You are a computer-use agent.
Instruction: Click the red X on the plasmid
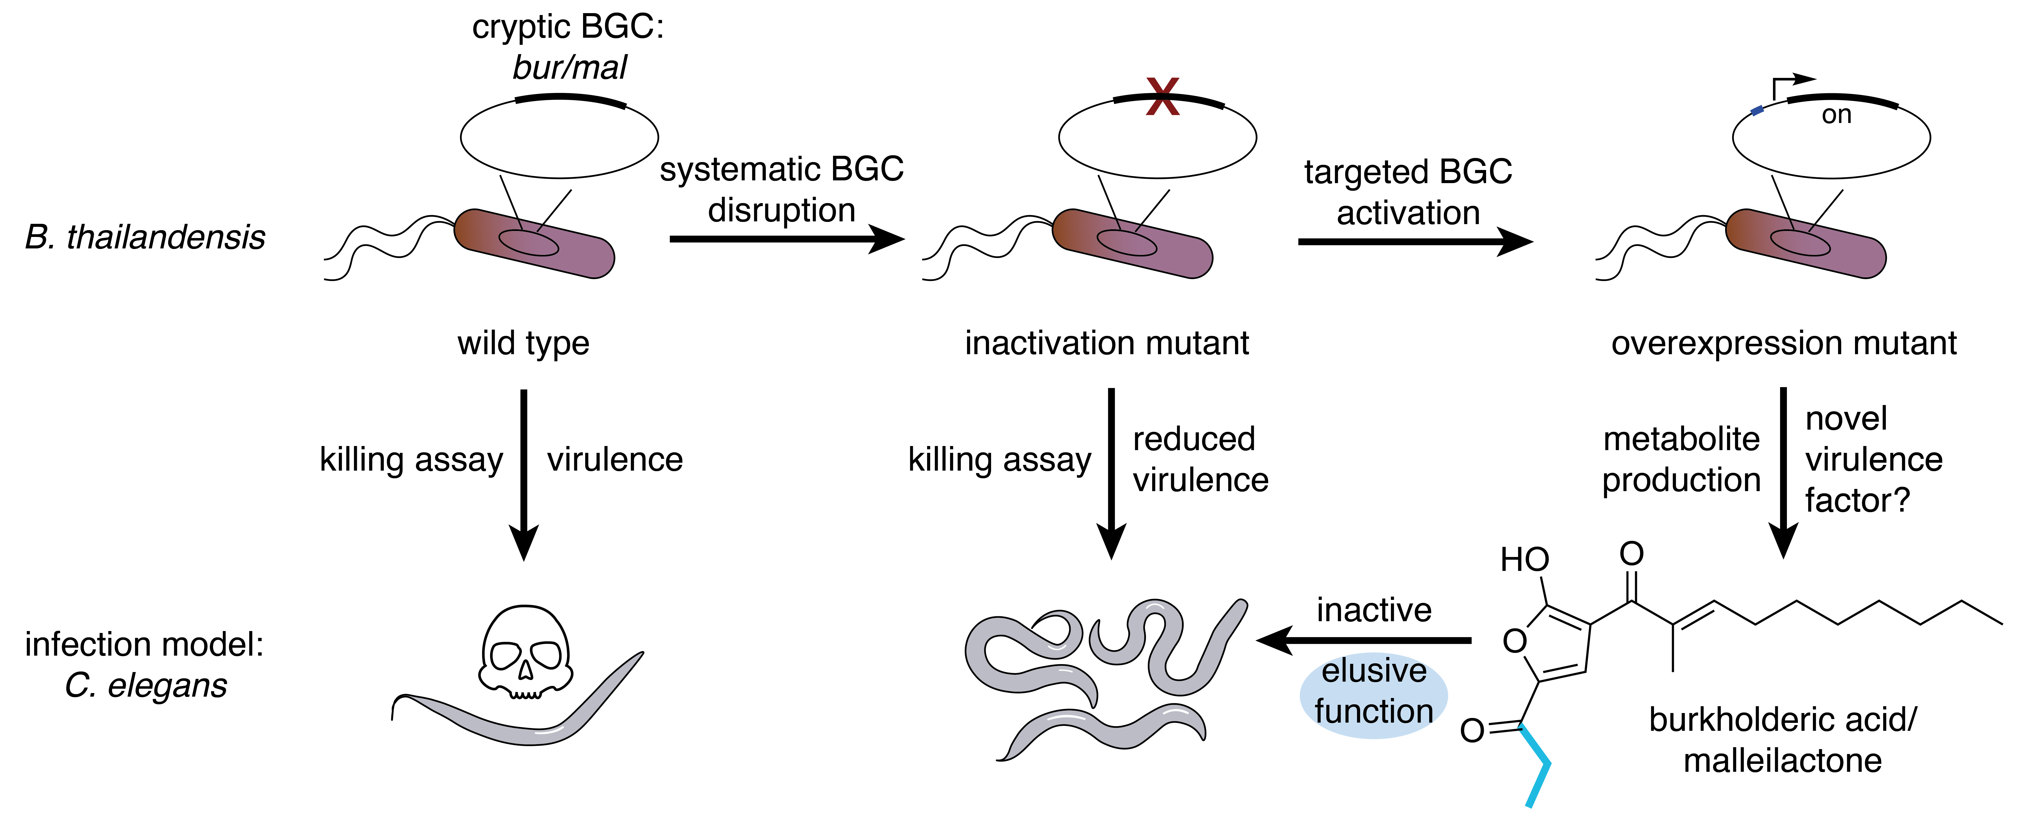[1163, 98]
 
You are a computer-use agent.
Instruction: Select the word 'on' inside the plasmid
[1836, 115]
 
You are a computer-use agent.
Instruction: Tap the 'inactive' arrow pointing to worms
[1363, 641]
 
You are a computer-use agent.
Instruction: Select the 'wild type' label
[523, 343]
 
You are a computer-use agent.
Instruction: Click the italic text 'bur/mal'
[570, 68]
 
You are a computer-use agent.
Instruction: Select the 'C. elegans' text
[146, 686]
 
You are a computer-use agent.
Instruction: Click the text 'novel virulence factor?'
[1872, 460]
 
